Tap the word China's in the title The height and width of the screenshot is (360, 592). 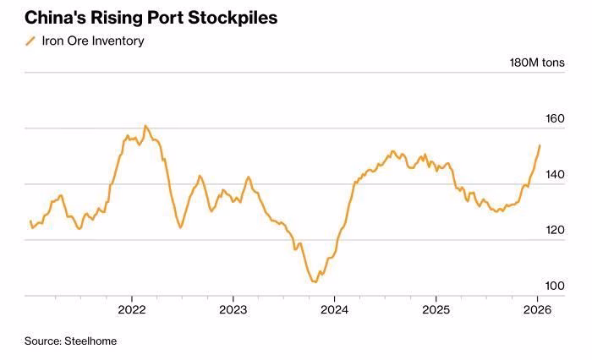click(54, 17)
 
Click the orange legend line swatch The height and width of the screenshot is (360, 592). click(31, 41)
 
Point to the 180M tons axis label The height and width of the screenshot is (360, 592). click(536, 63)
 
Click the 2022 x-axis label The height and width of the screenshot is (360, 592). click(132, 309)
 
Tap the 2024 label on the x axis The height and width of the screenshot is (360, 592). click(334, 309)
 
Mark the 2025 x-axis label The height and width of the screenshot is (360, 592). click(436, 309)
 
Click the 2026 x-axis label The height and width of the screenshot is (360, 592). click(537, 309)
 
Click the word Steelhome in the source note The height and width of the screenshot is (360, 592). click(90, 341)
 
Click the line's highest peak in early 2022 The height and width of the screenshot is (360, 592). click(145, 126)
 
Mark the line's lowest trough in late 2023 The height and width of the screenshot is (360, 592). click(315, 281)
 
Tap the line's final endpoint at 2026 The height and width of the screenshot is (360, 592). click(540, 145)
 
